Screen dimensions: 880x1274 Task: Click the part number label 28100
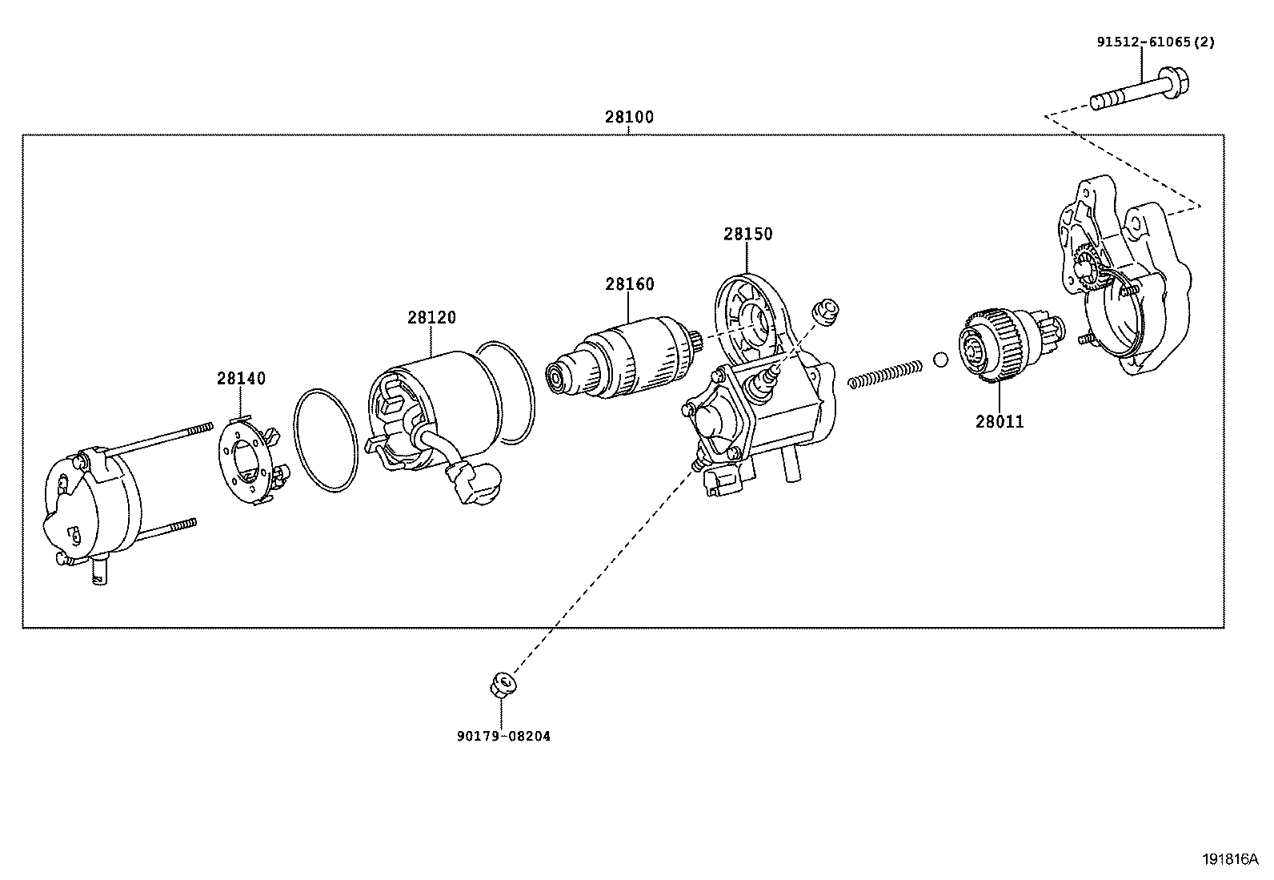[628, 117]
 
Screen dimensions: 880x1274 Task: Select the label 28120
[431, 317]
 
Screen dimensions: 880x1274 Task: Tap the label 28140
[241, 378]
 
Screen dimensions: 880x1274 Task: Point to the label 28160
[629, 284]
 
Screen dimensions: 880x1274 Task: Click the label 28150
[748, 234]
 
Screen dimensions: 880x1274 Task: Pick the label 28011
[1000, 421]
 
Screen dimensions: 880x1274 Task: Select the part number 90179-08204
[503, 736]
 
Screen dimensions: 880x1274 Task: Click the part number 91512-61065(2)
[1155, 42]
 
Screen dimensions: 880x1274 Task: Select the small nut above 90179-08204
[502, 685]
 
